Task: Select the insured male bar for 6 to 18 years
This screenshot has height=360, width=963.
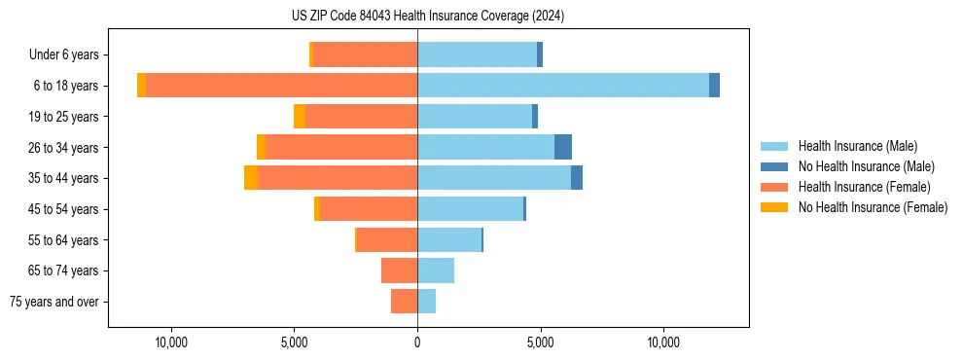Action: pos(563,86)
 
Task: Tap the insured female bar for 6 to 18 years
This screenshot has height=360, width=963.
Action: pos(281,86)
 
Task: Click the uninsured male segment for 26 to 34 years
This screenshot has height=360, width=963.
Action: pos(563,147)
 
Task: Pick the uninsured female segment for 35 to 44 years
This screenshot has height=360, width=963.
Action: pos(251,178)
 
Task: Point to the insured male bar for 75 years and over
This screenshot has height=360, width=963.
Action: pos(426,302)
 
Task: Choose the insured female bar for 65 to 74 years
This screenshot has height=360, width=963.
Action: pos(399,270)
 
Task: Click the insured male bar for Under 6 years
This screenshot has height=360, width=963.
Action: pos(477,54)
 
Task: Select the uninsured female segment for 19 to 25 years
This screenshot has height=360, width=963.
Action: pos(300,117)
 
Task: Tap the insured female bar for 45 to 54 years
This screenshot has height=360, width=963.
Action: pos(369,209)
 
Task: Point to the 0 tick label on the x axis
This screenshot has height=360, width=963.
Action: pos(417,342)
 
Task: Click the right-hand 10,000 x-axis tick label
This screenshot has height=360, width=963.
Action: pos(663,342)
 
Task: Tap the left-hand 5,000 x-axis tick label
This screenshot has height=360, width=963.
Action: pos(294,342)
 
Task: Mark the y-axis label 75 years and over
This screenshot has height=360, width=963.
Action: pos(54,302)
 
